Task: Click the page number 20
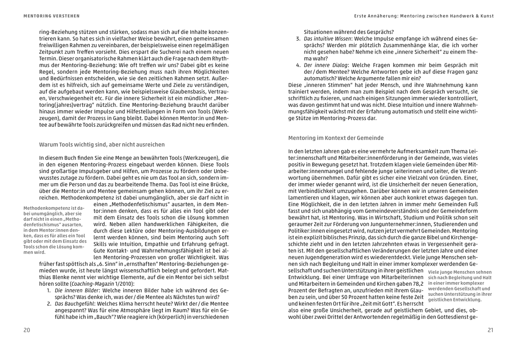tap(27, 330)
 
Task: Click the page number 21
tap(490, 330)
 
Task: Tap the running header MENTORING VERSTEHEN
tap(51, 16)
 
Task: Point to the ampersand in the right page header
tap(478, 16)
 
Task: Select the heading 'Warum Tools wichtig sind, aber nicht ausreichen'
tap(102, 144)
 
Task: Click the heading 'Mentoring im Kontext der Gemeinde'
tap(336, 138)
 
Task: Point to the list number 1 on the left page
tap(48, 290)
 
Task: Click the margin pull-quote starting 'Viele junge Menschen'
tap(460, 286)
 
